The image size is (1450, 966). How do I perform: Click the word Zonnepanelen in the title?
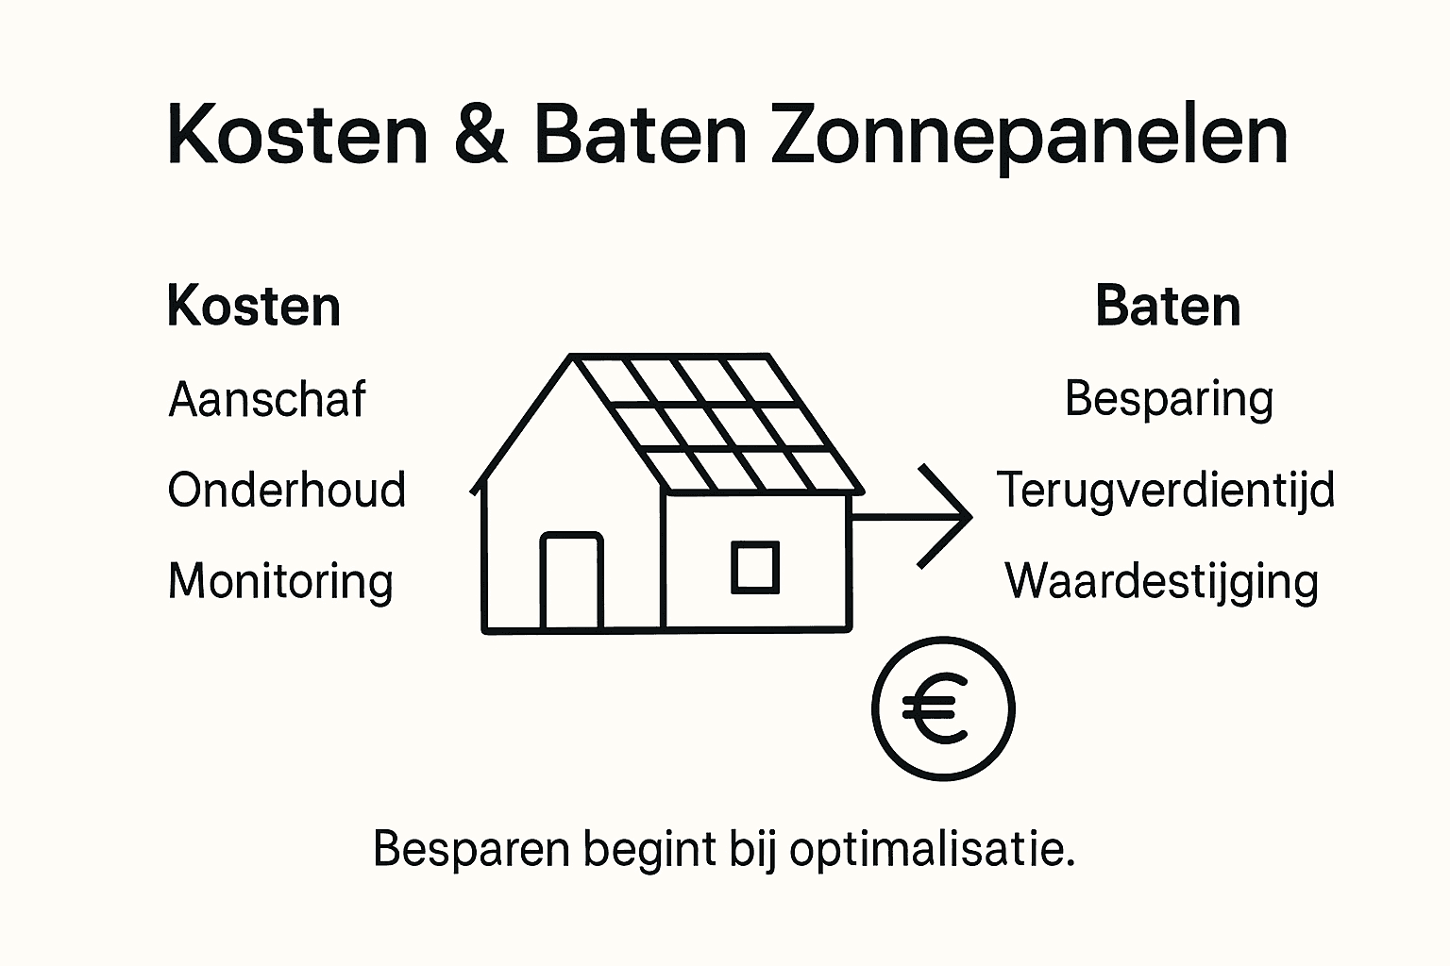click(x=1029, y=137)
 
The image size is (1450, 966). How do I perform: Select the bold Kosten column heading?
click(x=253, y=307)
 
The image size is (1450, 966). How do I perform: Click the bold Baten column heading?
click(x=1168, y=307)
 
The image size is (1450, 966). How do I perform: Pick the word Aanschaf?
click(x=267, y=399)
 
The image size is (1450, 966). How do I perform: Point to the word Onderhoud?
click(x=287, y=491)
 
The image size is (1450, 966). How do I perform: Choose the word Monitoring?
click(x=280, y=581)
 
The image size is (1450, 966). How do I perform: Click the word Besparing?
click(x=1169, y=399)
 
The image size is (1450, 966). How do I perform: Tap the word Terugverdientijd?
click(x=1166, y=491)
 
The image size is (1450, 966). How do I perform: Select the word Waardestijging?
click(x=1161, y=581)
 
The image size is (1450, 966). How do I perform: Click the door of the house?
click(x=571, y=581)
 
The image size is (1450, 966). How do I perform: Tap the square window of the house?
click(x=755, y=567)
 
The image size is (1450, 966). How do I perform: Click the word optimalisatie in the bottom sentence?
click(x=932, y=849)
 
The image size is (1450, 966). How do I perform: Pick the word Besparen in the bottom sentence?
click(x=471, y=849)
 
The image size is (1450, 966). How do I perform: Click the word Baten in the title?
click(x=641, y=135)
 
